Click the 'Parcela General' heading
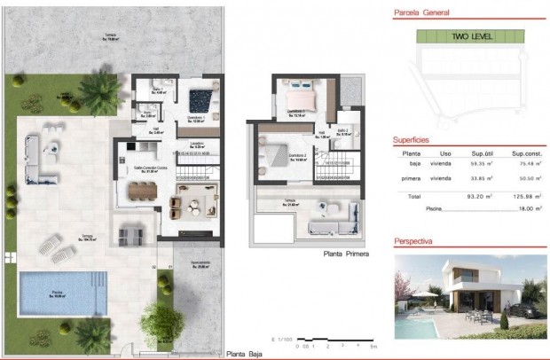(421, 13)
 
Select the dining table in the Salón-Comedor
(141, 189)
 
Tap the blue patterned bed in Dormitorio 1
(201, 95)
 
